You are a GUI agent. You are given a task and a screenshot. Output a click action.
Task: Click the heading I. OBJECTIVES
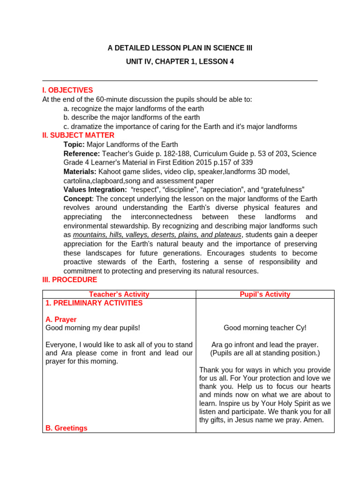(x=67, y=90)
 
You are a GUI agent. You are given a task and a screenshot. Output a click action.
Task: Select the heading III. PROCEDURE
(x=70, y=280)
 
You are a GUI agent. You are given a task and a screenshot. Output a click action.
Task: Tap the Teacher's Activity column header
(x=119, y=294)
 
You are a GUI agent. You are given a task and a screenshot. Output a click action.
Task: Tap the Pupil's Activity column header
(x=265, y=294)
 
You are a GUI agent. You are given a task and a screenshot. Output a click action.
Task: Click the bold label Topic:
(x=74, y=144)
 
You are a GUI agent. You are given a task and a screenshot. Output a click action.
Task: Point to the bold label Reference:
(x=82, y=154)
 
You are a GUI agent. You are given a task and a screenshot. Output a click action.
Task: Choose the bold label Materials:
(x=80, y=172)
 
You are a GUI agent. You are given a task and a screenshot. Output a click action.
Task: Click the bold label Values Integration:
(x=95, y=189)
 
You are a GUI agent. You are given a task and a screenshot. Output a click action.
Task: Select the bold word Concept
(x=77, y=199)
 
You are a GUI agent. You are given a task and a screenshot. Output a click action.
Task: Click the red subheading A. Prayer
(x=61, y=319)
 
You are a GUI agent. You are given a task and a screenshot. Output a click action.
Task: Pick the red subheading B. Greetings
(x=66, y=428)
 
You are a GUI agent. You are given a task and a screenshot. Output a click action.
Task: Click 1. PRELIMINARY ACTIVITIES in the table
(x=94, y=303)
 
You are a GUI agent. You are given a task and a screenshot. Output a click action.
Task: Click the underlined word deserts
(x=171, y=235)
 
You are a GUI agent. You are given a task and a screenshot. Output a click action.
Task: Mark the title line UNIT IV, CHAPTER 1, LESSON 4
(x=180, y=61)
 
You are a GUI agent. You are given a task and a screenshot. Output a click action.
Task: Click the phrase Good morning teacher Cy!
(x=265, y=328)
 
